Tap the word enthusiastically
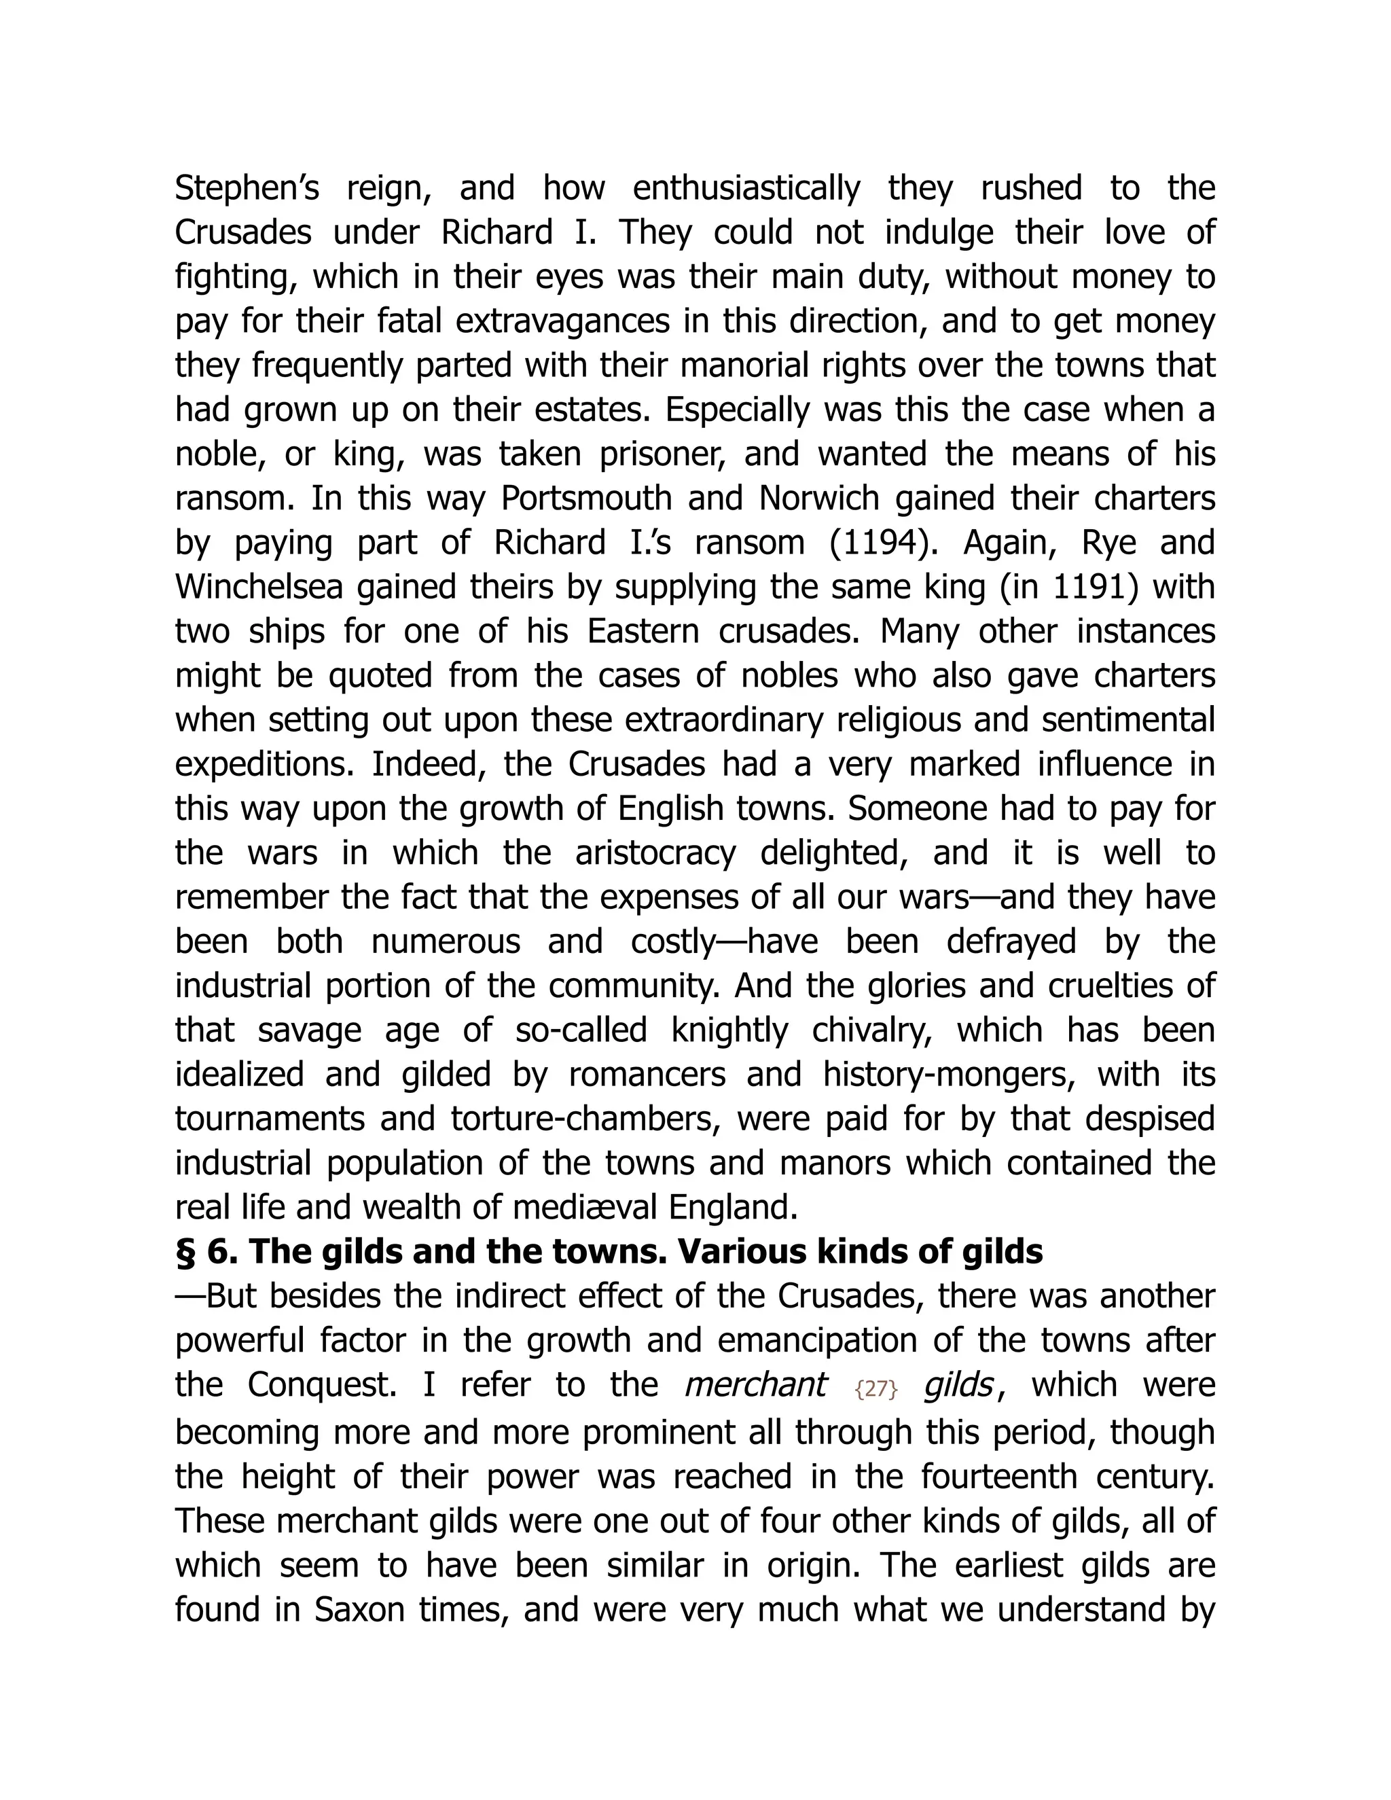click(x=746, y=189)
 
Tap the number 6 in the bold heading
click(x=221, y=1252)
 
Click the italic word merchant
click(x=755, y=1384)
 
